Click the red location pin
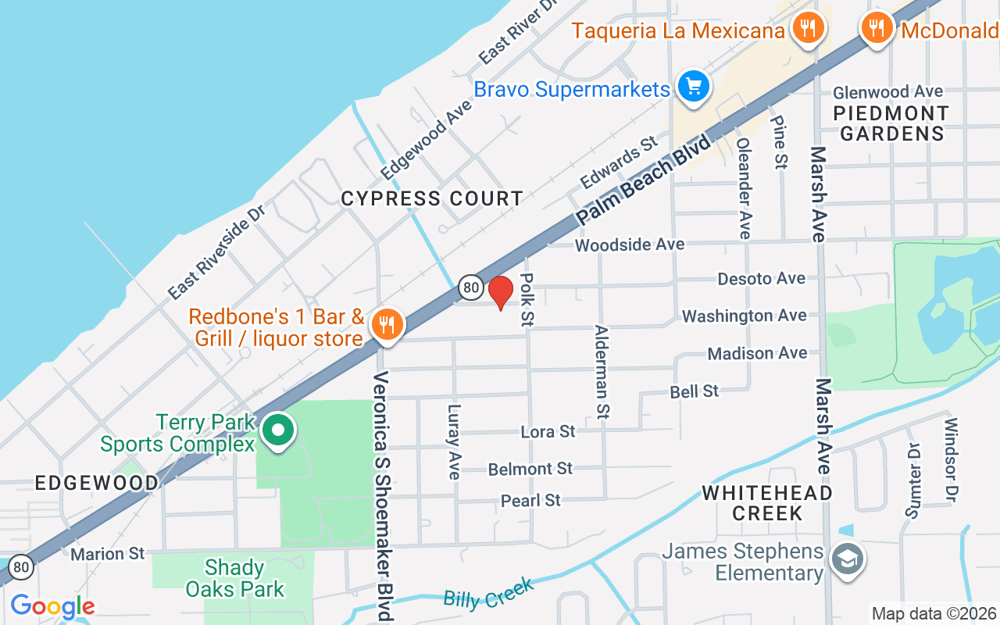tap(500, 293)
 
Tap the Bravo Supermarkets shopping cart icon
tap(692, 87)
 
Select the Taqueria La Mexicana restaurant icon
tap(808, 29)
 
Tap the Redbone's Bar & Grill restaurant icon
tap(385, 324)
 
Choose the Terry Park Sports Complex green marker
tap(277, 430)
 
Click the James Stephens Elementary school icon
tap(848, 559)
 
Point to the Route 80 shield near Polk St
tap(470, 287)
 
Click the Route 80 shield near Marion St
tap(21, 566)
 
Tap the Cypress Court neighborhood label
tap(432, 199)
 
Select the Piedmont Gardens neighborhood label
tap(891, 123)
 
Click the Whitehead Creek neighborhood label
tap(766, 503)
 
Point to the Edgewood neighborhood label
tap(97, 484)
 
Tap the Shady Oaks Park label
tap(235, 578)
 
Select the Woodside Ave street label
tap(630, 245)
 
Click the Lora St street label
tap(548, 431)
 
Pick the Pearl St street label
tap(530, 500)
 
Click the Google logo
tap(52, 606)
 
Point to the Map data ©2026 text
tap(934, 614)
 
